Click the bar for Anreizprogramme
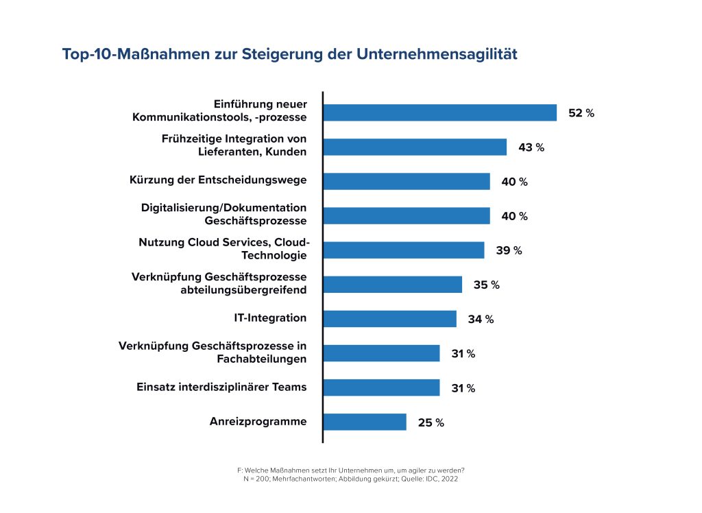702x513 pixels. (365, 422)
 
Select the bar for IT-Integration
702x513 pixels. (389, 319)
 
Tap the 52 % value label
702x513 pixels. (581, 113)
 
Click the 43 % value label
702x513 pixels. (531, 147)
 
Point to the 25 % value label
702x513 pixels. (431, 422)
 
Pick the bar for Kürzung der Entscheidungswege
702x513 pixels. (407, 182)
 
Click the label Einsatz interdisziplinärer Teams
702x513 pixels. (221, 387)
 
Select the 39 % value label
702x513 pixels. (509, 250)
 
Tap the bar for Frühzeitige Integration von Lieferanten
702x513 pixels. (415, 147)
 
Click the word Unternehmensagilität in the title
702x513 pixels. (437, 54)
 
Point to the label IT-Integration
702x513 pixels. (270, 318)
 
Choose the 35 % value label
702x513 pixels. (486, 285)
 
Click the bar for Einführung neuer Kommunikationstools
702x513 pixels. (439, 113)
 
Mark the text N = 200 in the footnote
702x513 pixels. (258, 479)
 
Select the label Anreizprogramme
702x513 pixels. (258, 421)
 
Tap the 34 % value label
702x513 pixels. (481, 319)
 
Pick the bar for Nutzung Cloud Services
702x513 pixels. (404, 250)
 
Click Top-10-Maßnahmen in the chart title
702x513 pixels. (122, 54)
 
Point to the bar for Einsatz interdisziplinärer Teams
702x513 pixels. (381, 387)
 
